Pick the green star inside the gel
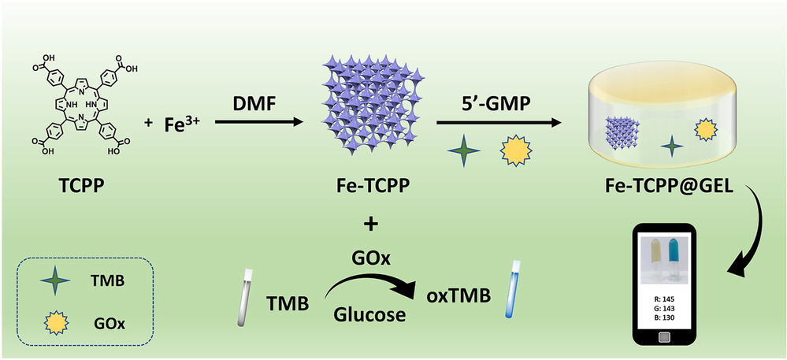(x=670, y=144)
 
